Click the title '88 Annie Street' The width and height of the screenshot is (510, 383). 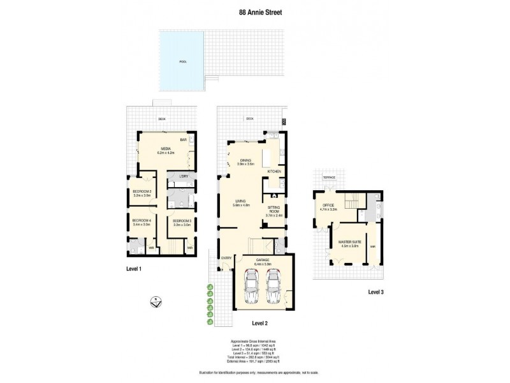point(254,11)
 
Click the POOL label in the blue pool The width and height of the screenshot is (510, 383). point(183,62)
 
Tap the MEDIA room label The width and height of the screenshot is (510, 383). point(165,148)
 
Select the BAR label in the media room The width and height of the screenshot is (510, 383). point(182,139)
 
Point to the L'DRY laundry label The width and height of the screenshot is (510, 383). point(182,176)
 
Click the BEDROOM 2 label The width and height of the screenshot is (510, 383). point(142,191)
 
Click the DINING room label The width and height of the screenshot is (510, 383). point(245,160)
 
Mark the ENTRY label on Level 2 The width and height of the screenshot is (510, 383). point(226,258)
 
